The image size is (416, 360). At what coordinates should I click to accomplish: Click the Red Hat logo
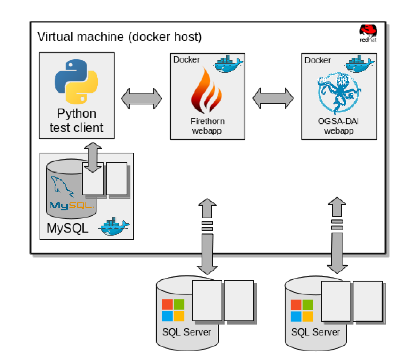(x=368, y=33)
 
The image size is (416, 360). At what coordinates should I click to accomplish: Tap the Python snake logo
(x=77, y=81)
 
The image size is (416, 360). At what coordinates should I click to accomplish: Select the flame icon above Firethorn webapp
(x=207, y=91)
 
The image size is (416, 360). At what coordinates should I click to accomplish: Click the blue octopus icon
(x=338, y=93)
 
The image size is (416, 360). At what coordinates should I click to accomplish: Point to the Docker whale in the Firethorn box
(x=228, y=64)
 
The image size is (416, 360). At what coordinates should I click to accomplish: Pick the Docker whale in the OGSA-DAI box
(x=359, y=64)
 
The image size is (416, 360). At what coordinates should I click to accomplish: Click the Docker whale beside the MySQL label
(x=113, y=226)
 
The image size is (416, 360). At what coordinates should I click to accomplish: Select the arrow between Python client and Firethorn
(x=142, y=98)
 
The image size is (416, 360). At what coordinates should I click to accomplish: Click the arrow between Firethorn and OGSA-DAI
(x=273, y=98)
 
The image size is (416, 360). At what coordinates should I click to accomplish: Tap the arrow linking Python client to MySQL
(x=93, y=157)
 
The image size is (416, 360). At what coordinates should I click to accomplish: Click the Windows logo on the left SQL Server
(x=173, y=310)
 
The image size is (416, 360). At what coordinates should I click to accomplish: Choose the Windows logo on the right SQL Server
(x=302, y=311)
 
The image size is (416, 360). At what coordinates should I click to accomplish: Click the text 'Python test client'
(x=77, y=121)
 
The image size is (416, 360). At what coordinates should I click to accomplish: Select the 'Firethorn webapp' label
(x=207, y=126)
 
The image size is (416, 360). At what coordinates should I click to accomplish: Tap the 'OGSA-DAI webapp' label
(x=338, y=126)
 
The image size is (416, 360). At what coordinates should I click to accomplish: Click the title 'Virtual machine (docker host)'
(x=119, y=37)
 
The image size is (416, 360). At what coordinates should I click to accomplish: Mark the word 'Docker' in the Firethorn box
(x=187, y=60)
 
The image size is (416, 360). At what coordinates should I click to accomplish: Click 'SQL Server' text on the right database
(x=315, y=332)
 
